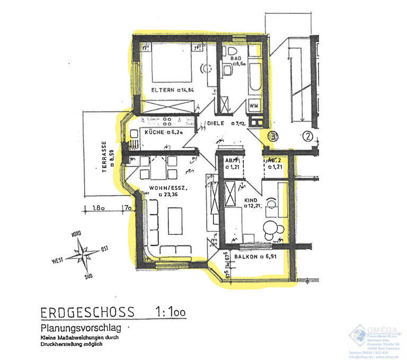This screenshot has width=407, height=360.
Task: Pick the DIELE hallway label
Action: click(215, 124)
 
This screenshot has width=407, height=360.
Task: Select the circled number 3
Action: click(273, 136)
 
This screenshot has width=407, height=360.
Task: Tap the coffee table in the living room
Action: click(176, 220)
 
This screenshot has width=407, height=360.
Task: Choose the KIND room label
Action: click(250, 201)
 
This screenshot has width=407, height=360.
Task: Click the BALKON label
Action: click(246, 257)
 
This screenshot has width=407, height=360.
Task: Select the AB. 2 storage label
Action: click(273, 160)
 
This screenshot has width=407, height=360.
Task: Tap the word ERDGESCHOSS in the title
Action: click(87, 312)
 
